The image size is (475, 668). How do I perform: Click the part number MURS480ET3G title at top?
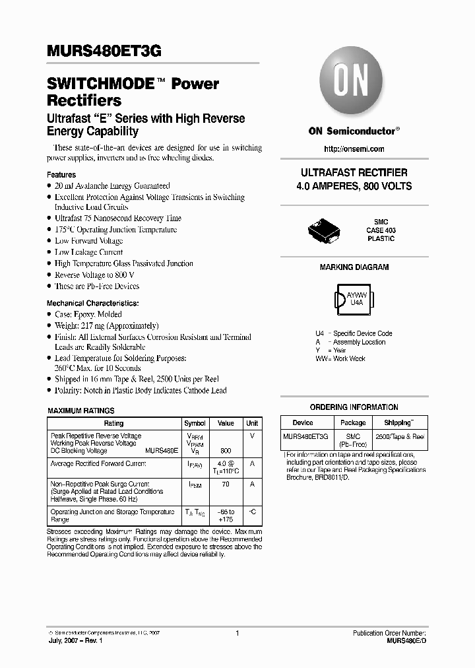[104, 51]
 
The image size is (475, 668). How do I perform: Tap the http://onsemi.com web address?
[354, 149]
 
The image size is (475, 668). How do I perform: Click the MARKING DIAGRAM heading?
[354, 267]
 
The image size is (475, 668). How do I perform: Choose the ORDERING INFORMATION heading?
[354, 407]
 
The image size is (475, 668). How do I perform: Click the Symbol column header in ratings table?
[195, 423]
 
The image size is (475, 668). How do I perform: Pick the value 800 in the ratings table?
[226, 451]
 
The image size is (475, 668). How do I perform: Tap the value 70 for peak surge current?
[226, 484]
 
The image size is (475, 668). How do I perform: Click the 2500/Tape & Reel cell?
[400, 437]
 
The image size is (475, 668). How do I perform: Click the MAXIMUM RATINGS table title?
[81, 411]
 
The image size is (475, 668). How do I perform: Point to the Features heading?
[61, 175]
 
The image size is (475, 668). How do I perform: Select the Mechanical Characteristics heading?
[92, 303]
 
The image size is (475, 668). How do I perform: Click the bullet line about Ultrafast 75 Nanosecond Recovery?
[117, 218]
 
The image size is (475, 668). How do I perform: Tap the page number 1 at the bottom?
[236, 633]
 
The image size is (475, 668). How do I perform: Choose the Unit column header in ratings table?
[252, 423]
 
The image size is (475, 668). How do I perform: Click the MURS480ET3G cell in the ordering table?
[303, 437]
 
